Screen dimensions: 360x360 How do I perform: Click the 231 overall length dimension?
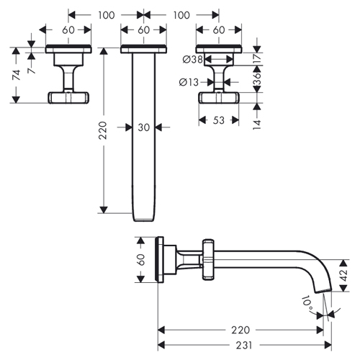pyautogui.click(x=244, y=345)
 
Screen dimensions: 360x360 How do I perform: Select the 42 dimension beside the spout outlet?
pyautogui.click(x=344, y=275)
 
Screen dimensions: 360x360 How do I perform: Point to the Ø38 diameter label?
pyautogui.click(x=193, y=59)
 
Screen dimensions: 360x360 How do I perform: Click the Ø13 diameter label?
pyautogui.click(x=189, y=82)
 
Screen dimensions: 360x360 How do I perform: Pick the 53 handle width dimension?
pyautogui.click(x=218, y=120)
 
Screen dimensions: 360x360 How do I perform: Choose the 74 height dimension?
pyautogui.click(x=17, y=75)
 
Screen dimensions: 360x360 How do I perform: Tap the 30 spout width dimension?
pyautogui.click(x=144, y=127)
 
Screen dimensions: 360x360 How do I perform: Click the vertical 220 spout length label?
pyautogui.click(x=103, y=130)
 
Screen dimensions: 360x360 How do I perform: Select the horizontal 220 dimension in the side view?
pyautogui.click(x=240, y=330)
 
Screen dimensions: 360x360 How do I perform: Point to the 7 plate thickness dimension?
pyautogui.click(x=32, y=71)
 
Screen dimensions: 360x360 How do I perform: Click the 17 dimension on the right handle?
pyautogui.click(x=257, y=58)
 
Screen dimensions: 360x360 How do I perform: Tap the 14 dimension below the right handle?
pyautogui.click(x=257, y=125)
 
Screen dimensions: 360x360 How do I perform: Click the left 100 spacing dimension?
pyautogui.click(x=106, y=15)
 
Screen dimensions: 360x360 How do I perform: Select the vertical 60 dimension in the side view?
pyautogui.click(x=141, y=260)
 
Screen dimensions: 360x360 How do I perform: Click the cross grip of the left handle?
pyautogui.click(x=68, y=97)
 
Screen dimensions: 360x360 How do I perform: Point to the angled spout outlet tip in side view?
pyautogui.click(x=323, y=291)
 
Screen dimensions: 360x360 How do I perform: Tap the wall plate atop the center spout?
pyautogui.click(x=144, y=49)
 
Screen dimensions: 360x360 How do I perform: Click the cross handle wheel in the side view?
pyautogui.click(x=208, y=259)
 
